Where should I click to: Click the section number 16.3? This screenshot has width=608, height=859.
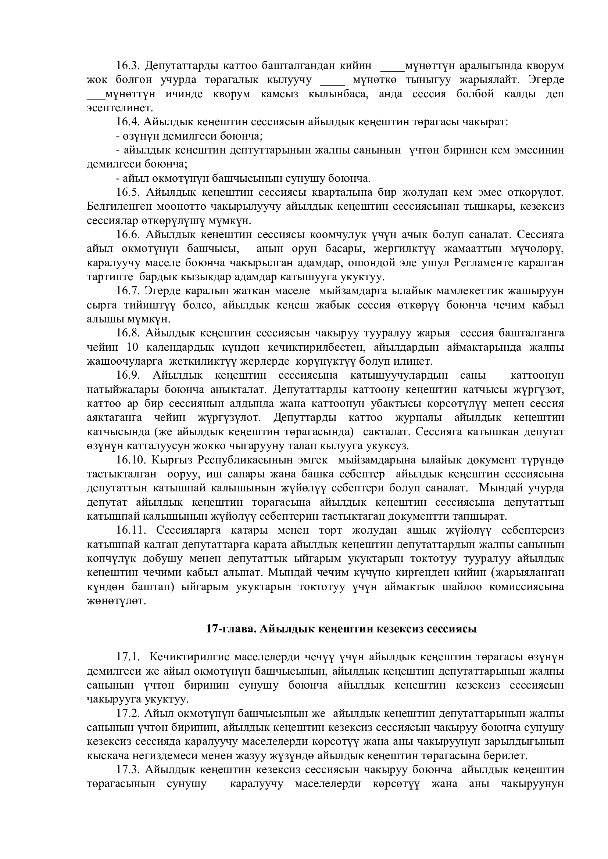(127, 66)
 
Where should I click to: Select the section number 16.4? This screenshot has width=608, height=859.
(127, 122)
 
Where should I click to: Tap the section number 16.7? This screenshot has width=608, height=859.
(127, 291)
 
